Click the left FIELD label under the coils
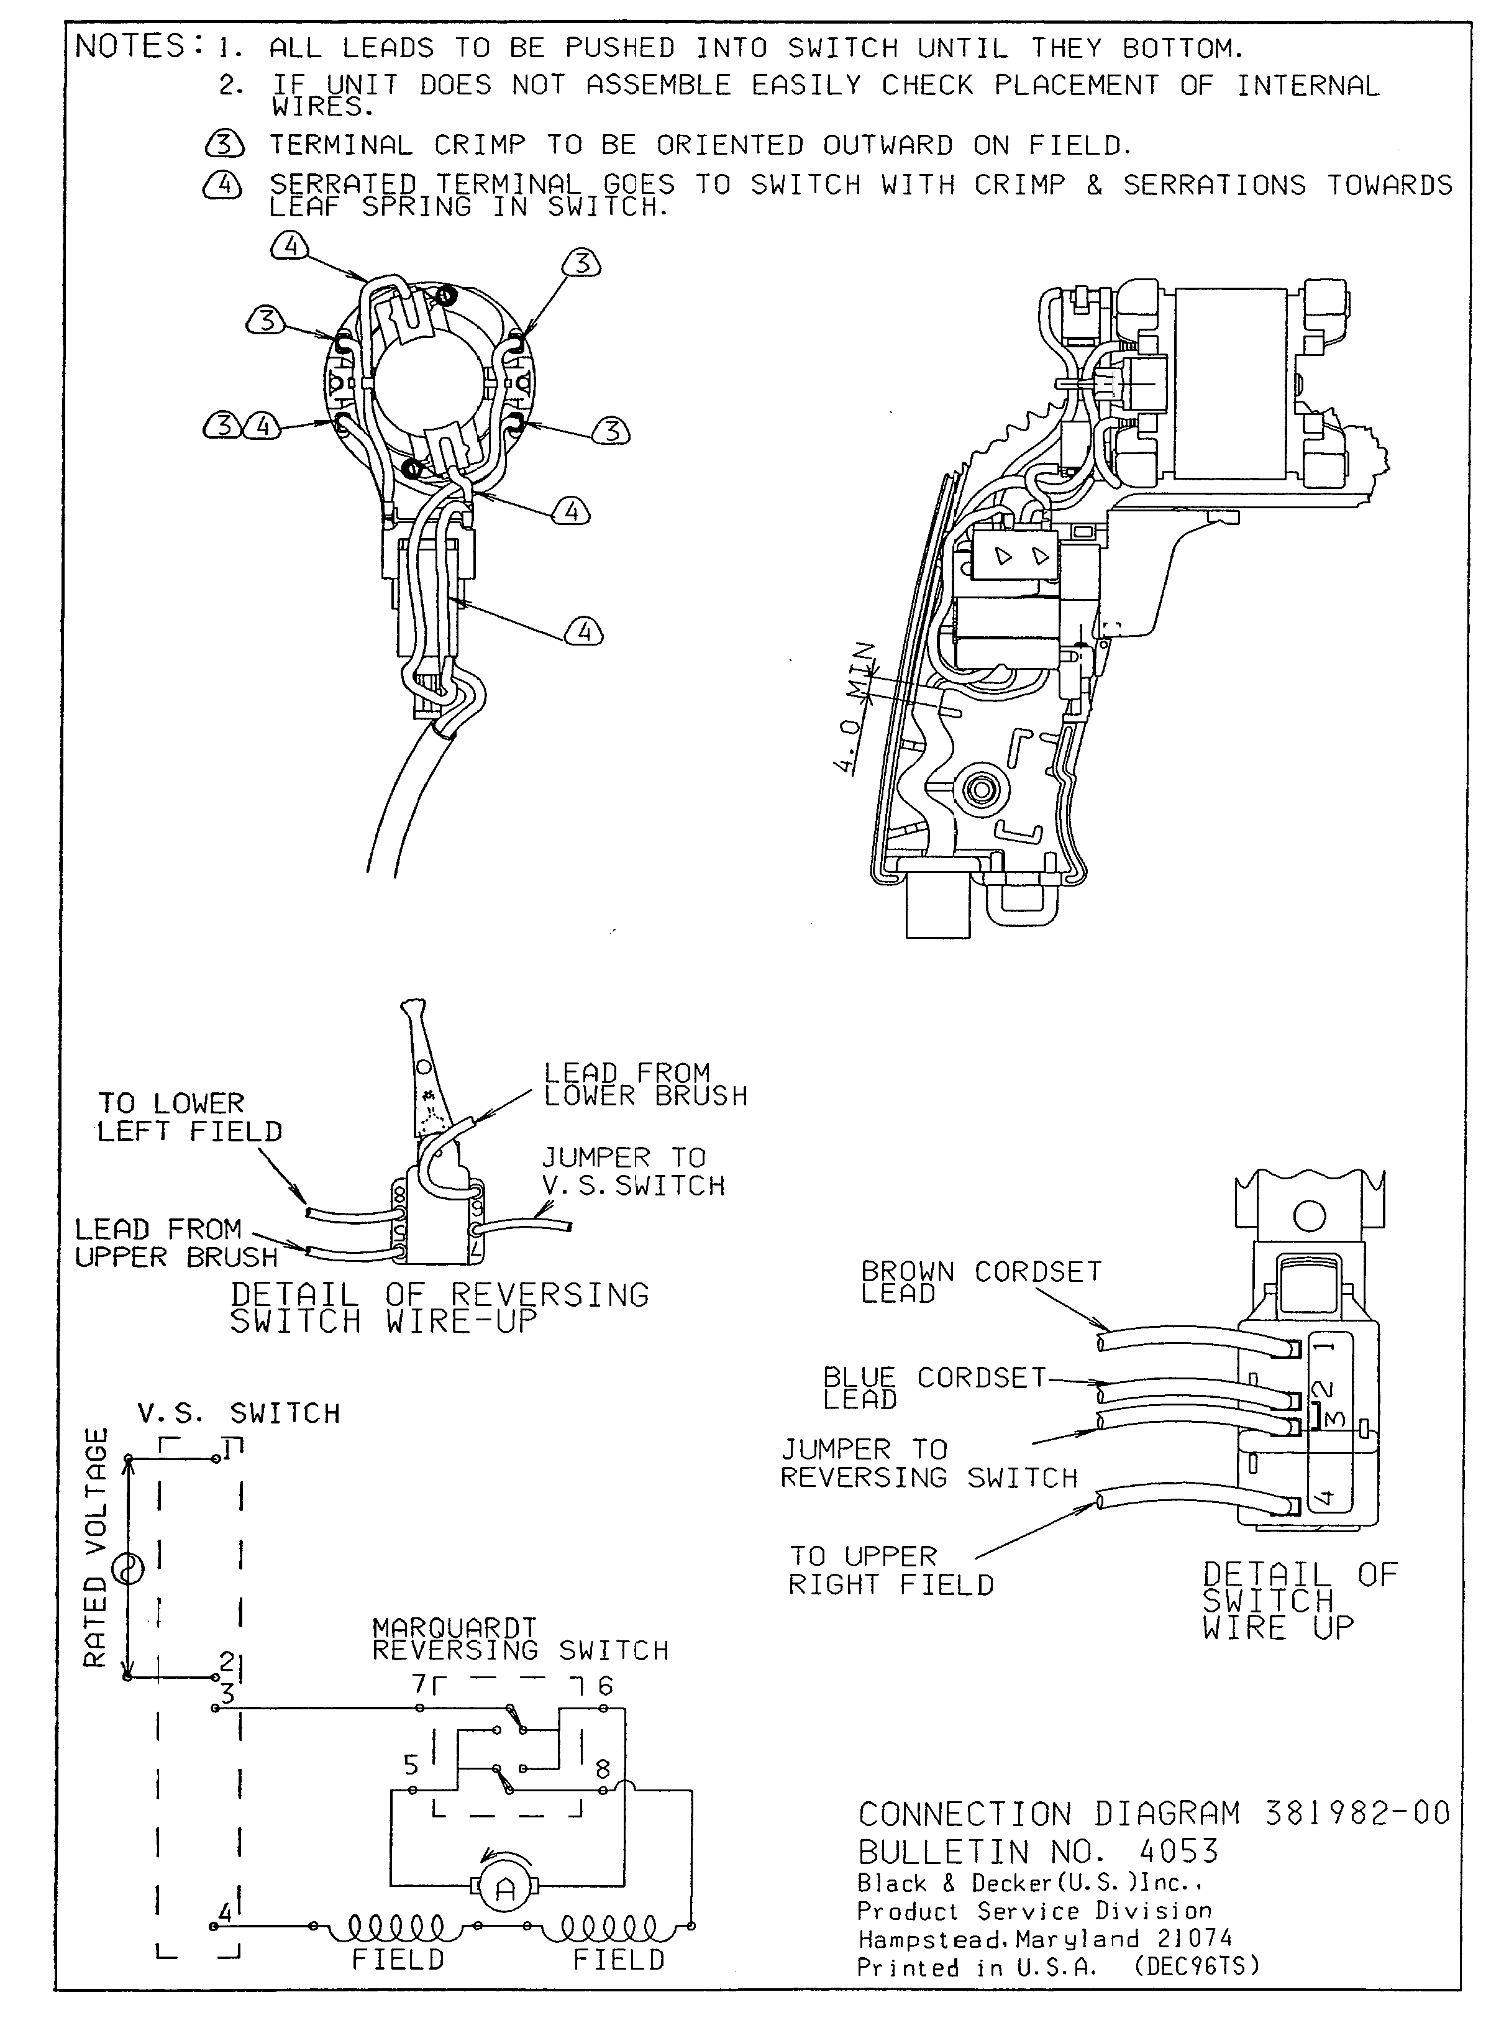pos(398,1960)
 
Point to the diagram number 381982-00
pos(1357,1813)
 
